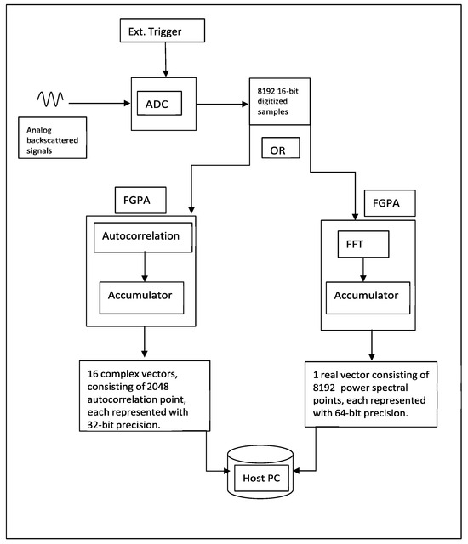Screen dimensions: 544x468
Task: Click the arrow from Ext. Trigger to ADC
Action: point(165,65)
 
